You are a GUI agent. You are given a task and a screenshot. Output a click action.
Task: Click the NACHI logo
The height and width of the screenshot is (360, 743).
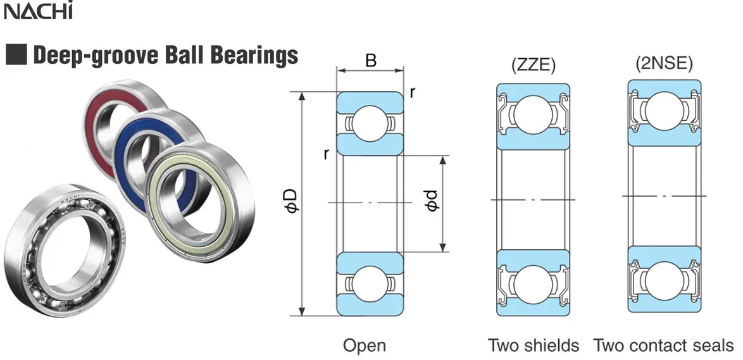tap(39, 11)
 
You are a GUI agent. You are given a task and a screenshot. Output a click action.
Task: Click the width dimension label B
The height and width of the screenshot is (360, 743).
tap(371, 61)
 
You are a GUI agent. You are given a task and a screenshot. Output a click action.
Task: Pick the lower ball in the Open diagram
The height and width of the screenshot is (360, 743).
tap(370, 282)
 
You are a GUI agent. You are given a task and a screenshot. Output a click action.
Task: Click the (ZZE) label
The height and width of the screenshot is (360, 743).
tap(533, 65)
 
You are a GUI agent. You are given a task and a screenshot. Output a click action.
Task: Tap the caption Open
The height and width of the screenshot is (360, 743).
tap(364, 345)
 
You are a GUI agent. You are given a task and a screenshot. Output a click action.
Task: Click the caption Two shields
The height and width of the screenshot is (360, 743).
tap(533, 345)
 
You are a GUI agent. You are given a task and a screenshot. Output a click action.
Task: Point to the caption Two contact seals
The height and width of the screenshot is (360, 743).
tap(663, 345)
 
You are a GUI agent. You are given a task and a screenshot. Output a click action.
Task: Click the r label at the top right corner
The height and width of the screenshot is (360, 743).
tap(413, 92)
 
